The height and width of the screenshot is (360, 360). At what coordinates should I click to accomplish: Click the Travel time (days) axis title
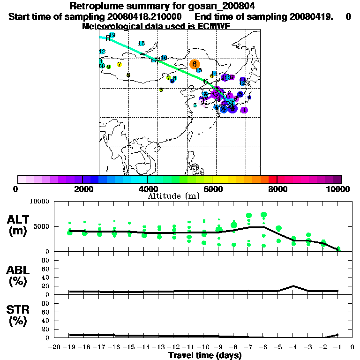pyautogui.click(x=205, y=356)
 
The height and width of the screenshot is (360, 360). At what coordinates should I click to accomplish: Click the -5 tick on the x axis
pyautogui.click(x=277, y=347)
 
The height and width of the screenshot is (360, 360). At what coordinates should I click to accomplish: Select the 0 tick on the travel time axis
pyautogui.click(x=352, y=347)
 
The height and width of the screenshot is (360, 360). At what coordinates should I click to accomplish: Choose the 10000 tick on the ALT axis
pyautogui.click(x=39, y=202)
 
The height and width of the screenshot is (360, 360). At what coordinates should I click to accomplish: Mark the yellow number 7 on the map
pyautogui.click(x=120, y=65)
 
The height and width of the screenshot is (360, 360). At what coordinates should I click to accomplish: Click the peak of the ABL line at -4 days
pyautogui.click(x=293, y=285)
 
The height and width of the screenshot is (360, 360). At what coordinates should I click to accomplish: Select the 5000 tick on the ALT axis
pyautogui.click(x=42, y=227)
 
